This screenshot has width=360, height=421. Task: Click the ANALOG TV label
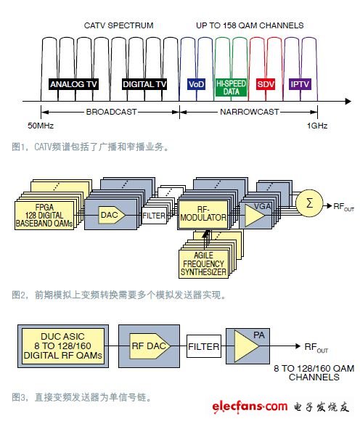(x=72, y=84)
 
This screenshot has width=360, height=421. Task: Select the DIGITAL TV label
(x=142, y=84)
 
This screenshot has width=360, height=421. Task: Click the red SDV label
(x=266, y=84)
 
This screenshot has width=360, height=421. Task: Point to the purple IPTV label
(x=300, y=84)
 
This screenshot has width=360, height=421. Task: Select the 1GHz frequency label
(x=316, y=126)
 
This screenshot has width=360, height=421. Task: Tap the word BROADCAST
(x=110, y=112)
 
